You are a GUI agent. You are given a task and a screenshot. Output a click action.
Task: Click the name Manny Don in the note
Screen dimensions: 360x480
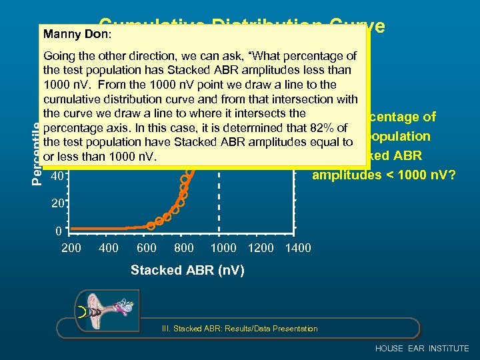(x=67, y=33)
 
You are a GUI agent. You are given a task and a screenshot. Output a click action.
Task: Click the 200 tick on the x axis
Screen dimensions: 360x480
(x=71, y=248)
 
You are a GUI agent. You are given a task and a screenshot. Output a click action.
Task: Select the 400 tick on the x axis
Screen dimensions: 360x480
(x=109, y=248)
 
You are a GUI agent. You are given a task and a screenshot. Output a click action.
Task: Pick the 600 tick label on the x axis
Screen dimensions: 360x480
(x=146, y=248)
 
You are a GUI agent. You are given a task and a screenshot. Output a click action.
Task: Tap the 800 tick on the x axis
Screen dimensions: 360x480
(x=183, y=248)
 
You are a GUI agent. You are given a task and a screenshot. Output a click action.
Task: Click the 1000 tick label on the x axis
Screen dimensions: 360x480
(x=223, y=248)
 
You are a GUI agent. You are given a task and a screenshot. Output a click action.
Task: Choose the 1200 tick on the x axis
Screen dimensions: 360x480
(x=261, y=248)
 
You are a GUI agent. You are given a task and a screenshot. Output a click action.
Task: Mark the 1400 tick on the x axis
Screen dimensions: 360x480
(x=297, y=248)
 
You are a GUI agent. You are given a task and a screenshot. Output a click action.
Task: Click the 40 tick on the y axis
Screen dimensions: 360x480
(x=58, y=177)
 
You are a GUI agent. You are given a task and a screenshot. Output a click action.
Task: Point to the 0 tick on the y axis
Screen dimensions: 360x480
(x=59, y=231)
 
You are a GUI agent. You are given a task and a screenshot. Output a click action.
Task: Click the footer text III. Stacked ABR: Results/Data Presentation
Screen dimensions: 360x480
(x=240, y=329)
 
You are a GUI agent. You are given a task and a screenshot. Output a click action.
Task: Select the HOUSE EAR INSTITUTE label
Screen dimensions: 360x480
(x=422, y=349)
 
